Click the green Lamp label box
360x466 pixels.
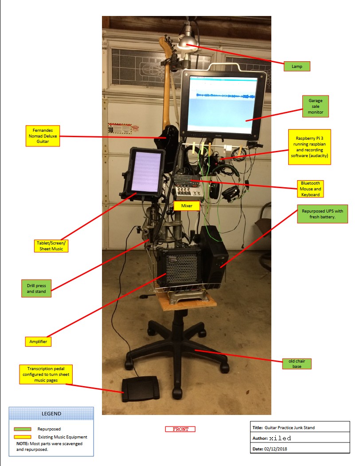[x=297, y=66]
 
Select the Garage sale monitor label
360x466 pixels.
[x=316, y=106]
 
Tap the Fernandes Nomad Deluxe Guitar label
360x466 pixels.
[x=42, y=136]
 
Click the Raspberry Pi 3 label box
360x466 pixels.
[x=309, y=147]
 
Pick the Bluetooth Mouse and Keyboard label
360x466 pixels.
[x=310, y=189]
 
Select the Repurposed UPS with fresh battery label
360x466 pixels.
[x=321, y=214]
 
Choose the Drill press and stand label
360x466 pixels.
[x=36, y=288]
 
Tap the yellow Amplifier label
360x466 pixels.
[x=38, y=341]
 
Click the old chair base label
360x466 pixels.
[x=297, y=363]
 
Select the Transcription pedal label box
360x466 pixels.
[x=46, y=375]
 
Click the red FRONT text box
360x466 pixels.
[x=180, y=429]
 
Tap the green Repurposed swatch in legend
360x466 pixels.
[x=23, y=429]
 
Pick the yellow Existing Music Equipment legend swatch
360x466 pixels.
[x=23, y=437]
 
